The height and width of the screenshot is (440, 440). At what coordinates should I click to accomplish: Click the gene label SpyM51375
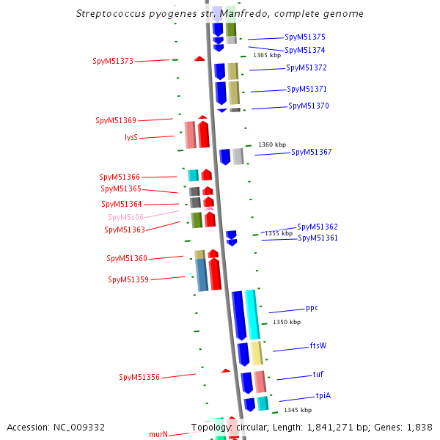point(305,37)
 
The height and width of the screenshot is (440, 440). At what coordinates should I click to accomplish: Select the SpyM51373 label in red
point(113,61)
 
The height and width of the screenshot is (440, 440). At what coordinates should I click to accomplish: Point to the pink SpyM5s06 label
point(126,217)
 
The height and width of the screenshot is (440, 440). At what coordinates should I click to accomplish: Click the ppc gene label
point(312,308)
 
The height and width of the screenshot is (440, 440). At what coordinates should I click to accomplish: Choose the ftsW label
point(318,345)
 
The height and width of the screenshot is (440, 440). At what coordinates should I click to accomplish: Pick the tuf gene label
point(318,374)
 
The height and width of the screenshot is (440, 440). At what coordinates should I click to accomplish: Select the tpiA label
point(323,395)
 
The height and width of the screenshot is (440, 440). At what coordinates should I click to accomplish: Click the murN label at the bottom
point(158,434)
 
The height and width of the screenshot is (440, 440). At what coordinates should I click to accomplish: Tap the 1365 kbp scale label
point(267,55)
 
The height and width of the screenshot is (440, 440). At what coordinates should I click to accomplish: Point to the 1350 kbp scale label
point(287,322)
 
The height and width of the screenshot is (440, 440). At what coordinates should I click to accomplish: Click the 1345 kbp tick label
point(298,410)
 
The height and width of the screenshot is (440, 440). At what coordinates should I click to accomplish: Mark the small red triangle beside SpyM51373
point(199,59)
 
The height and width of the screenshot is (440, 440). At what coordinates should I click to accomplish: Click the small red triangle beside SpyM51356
point(226,371)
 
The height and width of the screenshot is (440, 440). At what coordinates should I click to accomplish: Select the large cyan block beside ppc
point(252,314)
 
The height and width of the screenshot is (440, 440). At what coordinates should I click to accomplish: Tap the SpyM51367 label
point(312,153)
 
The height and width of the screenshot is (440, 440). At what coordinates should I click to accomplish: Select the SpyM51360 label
point(127,258)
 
